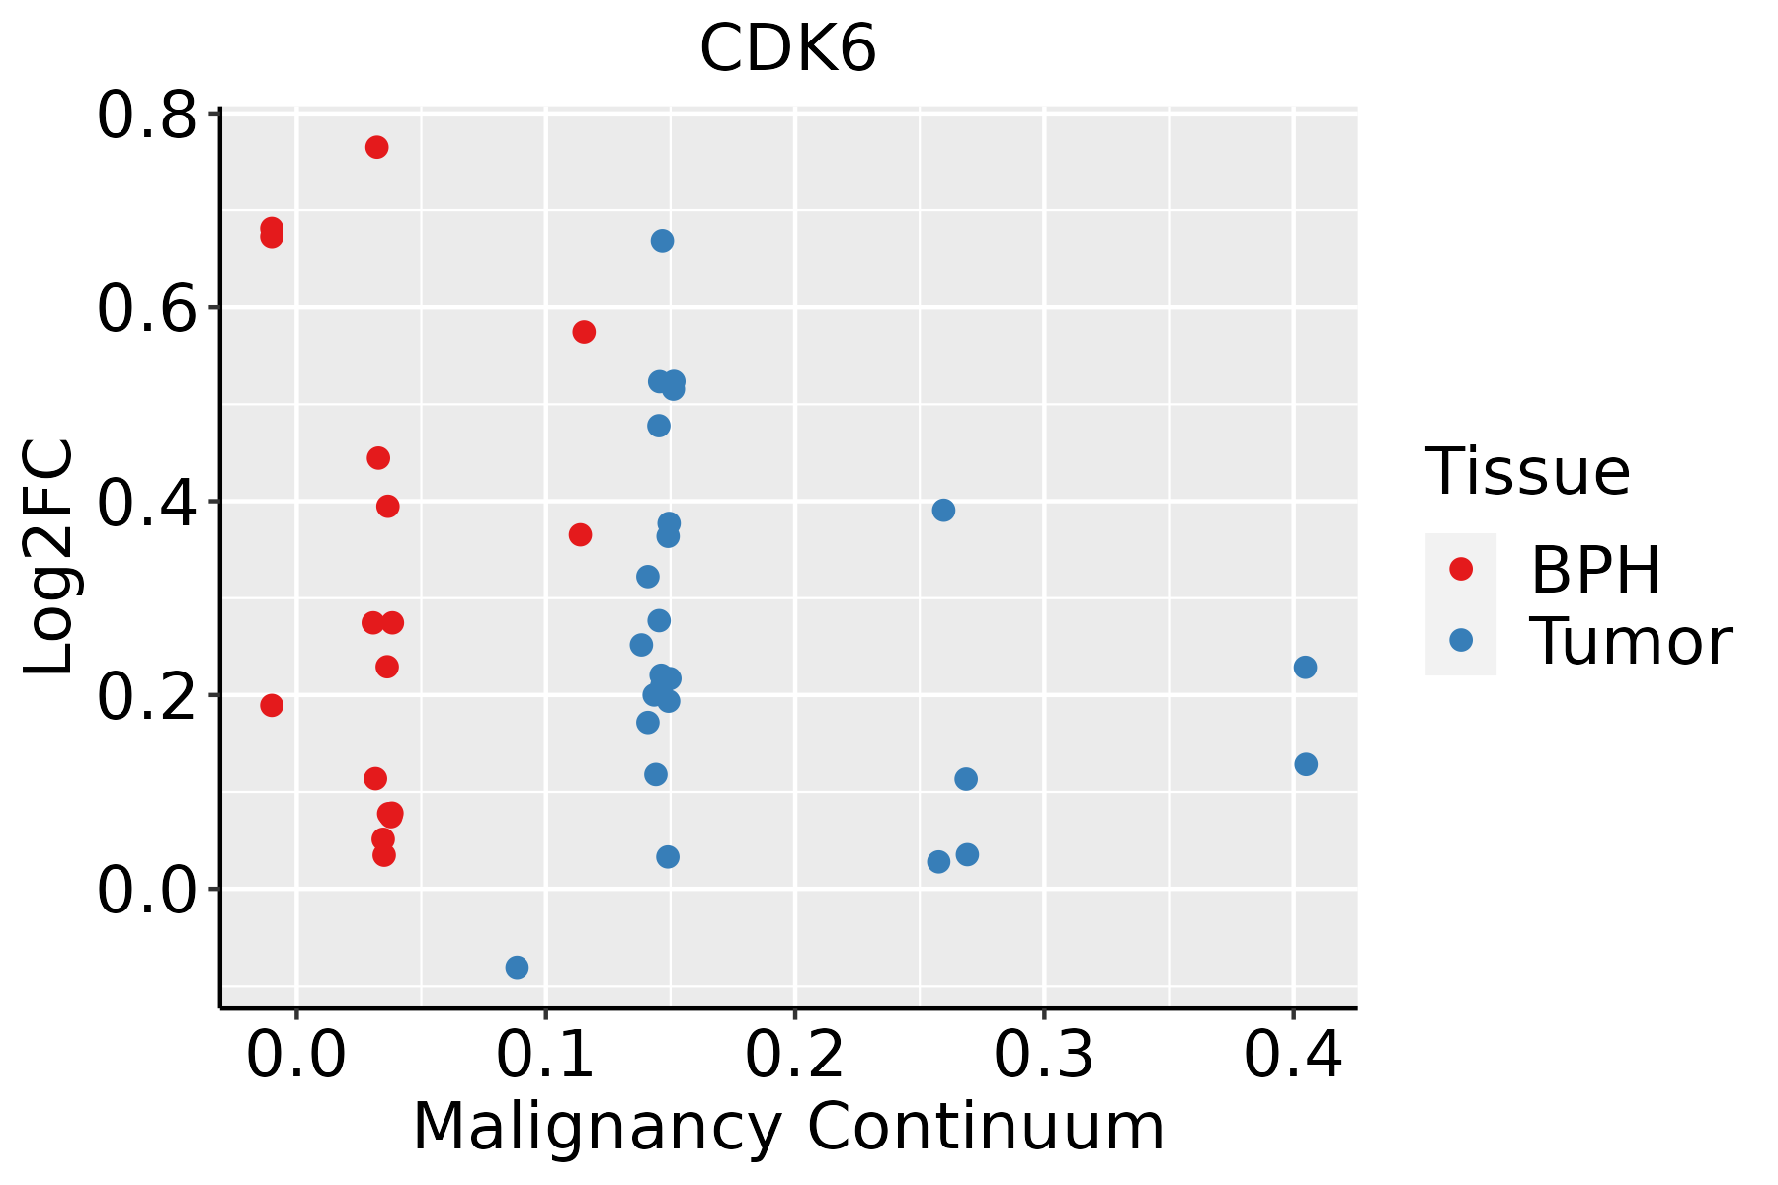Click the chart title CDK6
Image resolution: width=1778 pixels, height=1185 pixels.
tap(787, 48)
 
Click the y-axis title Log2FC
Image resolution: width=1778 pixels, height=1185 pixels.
tap(49, 558)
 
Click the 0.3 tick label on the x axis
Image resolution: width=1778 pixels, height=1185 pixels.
tap(1043, 1055)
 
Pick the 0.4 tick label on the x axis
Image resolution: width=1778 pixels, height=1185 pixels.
tap(1292, 1055)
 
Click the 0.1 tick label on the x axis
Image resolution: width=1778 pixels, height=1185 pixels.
tap(545, 1055)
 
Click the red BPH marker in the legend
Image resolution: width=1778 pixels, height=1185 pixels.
tap(1460, 568)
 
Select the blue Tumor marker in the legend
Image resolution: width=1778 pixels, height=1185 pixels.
tap(1460, 640)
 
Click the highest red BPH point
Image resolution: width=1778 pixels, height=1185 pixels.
tap(376, 147)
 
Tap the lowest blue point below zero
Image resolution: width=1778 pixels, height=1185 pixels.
tap(517, 967)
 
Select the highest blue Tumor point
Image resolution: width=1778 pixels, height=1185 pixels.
tap(662, 241)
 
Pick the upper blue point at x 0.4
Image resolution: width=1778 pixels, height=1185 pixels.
tap(1305, 668)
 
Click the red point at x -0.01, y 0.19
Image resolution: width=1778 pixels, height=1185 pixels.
tap(272, 705)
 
